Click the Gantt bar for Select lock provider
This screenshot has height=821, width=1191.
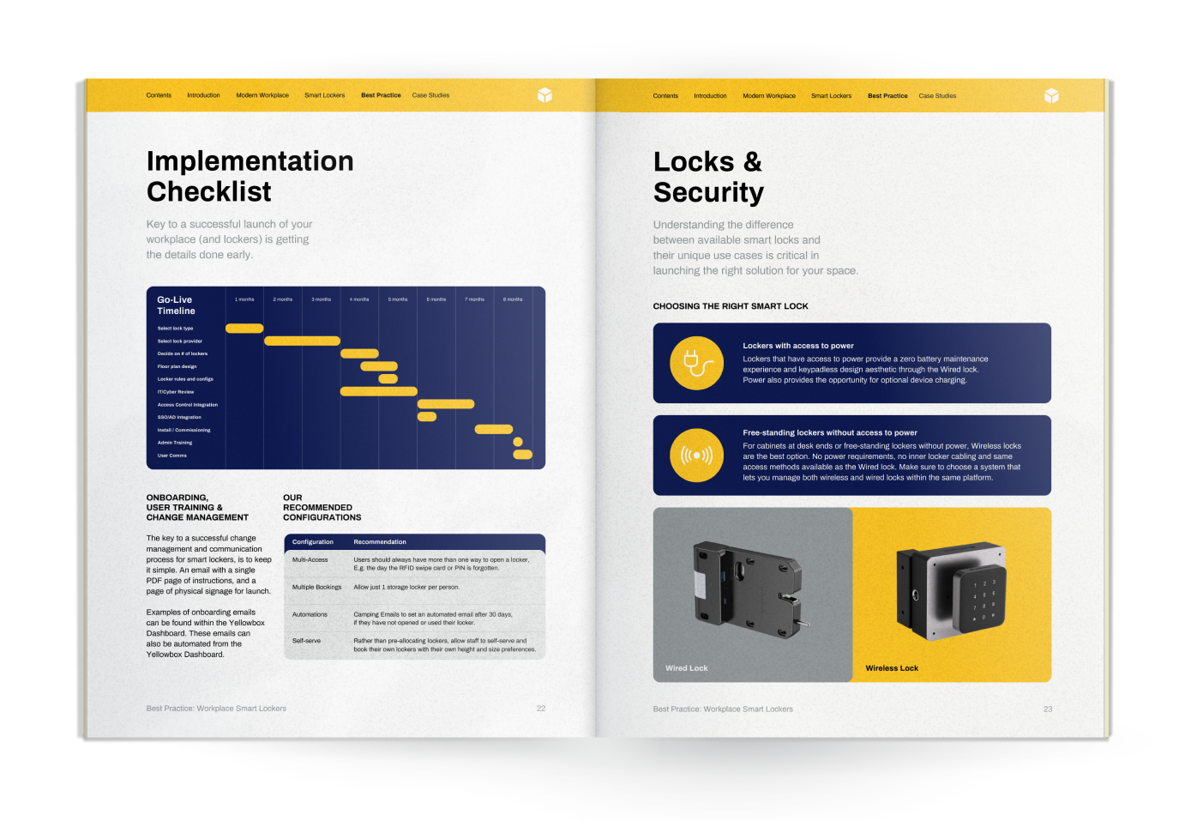(x=302, y=341)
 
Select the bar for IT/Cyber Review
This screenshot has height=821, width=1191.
(x=378, y=391)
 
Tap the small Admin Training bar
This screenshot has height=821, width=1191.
(x=518, y=442)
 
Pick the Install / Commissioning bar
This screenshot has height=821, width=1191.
(x=494, y=429)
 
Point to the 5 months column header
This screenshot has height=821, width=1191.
(x=398, y=299)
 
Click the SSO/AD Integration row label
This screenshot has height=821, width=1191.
(x=179, y=417)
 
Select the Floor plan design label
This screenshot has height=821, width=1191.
(x=177, y=366)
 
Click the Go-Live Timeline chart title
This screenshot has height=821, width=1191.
(x=176, y=305)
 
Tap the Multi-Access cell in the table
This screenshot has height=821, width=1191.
(x=310, y=559)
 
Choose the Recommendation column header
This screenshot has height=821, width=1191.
(x=380, y=542)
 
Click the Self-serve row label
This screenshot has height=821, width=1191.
(x=306, y=641)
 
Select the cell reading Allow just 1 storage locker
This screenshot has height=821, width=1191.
(x=406, y=588)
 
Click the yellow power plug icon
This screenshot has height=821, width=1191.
(x=696, y=364)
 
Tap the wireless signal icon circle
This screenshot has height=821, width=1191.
(x=696, y=456)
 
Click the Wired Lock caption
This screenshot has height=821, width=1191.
(x=687, y=668)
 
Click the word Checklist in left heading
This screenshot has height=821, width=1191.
(x=209, y=192)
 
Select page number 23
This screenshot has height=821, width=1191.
(x=1047, y=709)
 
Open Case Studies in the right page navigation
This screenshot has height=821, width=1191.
(x=937, y=96)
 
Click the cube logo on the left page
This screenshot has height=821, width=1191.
(x=544, y=95)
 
